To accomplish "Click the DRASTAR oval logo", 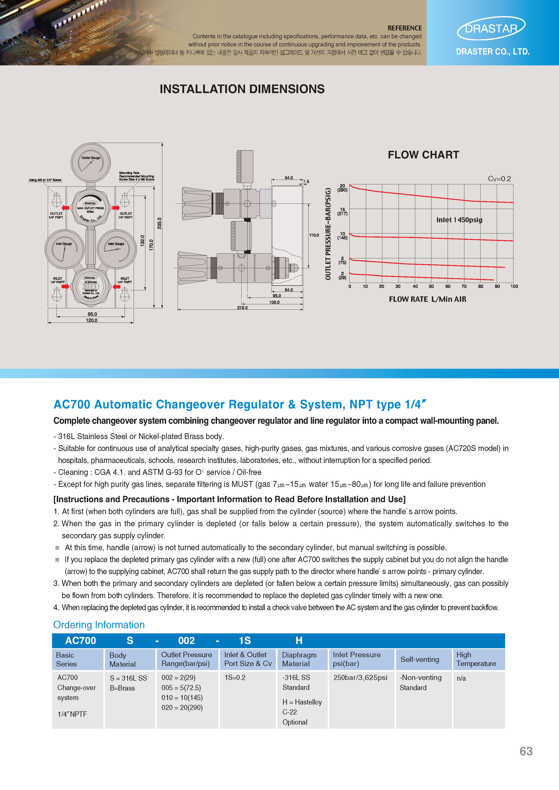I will [491, 28].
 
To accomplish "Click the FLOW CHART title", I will [423, 155].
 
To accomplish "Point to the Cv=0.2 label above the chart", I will [499, 179].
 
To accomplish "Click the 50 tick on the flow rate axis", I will [431, 286].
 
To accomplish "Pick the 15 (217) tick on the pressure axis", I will [342, 211].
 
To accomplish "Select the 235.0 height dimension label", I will [159, 223].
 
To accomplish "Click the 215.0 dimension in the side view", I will [242, 308].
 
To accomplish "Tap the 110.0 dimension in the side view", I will [314, 235].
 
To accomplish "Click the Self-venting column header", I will [420, 659].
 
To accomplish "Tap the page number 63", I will [526, 751].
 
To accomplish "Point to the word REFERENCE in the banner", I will [404, 28].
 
